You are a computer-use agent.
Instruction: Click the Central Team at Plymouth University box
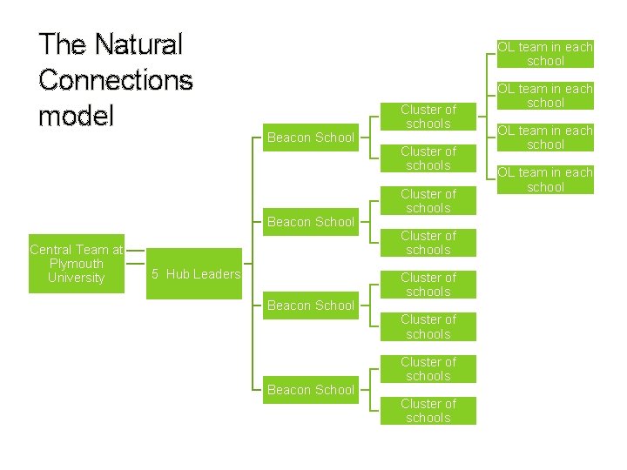(x=77, y=264)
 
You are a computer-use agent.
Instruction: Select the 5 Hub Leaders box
(x=196, y=274)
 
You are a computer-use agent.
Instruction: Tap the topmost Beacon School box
(x=311, y=138)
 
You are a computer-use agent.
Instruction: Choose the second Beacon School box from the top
(x=311, y=222)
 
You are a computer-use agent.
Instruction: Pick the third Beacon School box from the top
(x=311, y=305)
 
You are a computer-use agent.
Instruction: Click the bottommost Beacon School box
(x=311, y=390)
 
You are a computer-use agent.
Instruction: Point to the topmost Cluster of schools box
(x=428, y=117)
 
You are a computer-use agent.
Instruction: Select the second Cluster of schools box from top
(x=428, y=158)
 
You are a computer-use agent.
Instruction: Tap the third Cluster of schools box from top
(x=428, y=201)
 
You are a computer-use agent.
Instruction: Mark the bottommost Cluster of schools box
(x=428, y=411)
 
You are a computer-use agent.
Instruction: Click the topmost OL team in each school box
(x=546, y=54)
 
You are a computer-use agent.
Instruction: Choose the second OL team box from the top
(x=546, y=96)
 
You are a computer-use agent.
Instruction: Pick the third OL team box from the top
(x=546, y=138)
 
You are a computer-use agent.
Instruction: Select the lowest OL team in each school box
(x=546, y=179)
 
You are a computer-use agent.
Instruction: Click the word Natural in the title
(x=138, y=44)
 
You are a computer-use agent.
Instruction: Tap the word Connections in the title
(x=116, y=80)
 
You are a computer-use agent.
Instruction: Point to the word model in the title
(x=76, y=116)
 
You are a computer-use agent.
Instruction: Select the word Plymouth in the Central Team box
(x=77, y=264)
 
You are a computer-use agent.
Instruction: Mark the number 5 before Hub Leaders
(x=155, y=274)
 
